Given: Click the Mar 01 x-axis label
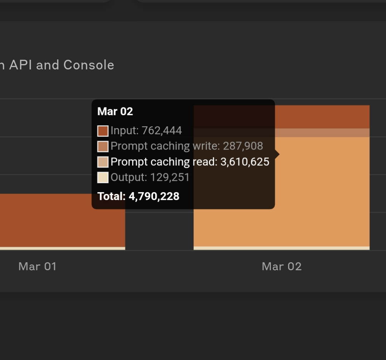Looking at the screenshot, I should click(x=38, y=266).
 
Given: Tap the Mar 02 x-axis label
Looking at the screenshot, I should click(x=282, y=266).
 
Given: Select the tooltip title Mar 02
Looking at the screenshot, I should click(x=115, y=111).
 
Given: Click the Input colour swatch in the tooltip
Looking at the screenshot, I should click(x=103, y=131).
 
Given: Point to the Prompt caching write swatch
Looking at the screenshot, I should click(x=103, y=146).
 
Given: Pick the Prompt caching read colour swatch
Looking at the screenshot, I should click(x=103, y=162).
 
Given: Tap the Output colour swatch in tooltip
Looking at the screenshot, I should click(x=103, y=177).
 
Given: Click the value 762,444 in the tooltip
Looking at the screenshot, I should click(x=162, y=131).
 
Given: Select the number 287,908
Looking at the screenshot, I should click(x=243, y=146).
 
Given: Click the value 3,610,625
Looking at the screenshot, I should click(x=245, y=162).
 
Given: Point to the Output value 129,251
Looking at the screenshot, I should click(x=170, y=177).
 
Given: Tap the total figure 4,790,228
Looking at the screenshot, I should click(x=154, y=196).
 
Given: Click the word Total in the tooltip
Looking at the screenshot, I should click(x=111, y=196).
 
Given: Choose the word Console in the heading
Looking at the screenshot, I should click(x=89, y=65).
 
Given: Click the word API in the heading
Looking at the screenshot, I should click(x=21, y=65).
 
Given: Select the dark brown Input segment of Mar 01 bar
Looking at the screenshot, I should click(x=63, y=220).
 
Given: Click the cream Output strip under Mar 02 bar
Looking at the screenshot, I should click(x=281, y=248).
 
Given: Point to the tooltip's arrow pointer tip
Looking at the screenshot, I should click(x=279, y=154).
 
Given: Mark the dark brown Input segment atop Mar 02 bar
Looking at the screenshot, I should click(x=322, y=117).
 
